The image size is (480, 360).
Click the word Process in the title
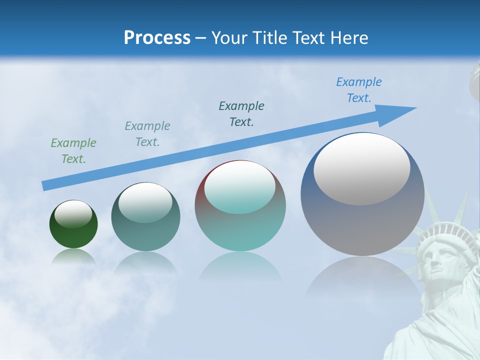157,37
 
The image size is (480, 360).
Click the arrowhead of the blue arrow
400,112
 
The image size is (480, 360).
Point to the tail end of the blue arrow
46,185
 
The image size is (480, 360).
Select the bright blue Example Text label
359,90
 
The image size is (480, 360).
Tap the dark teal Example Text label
241,114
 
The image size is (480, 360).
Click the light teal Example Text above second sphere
147,134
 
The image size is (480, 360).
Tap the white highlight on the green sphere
73,213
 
